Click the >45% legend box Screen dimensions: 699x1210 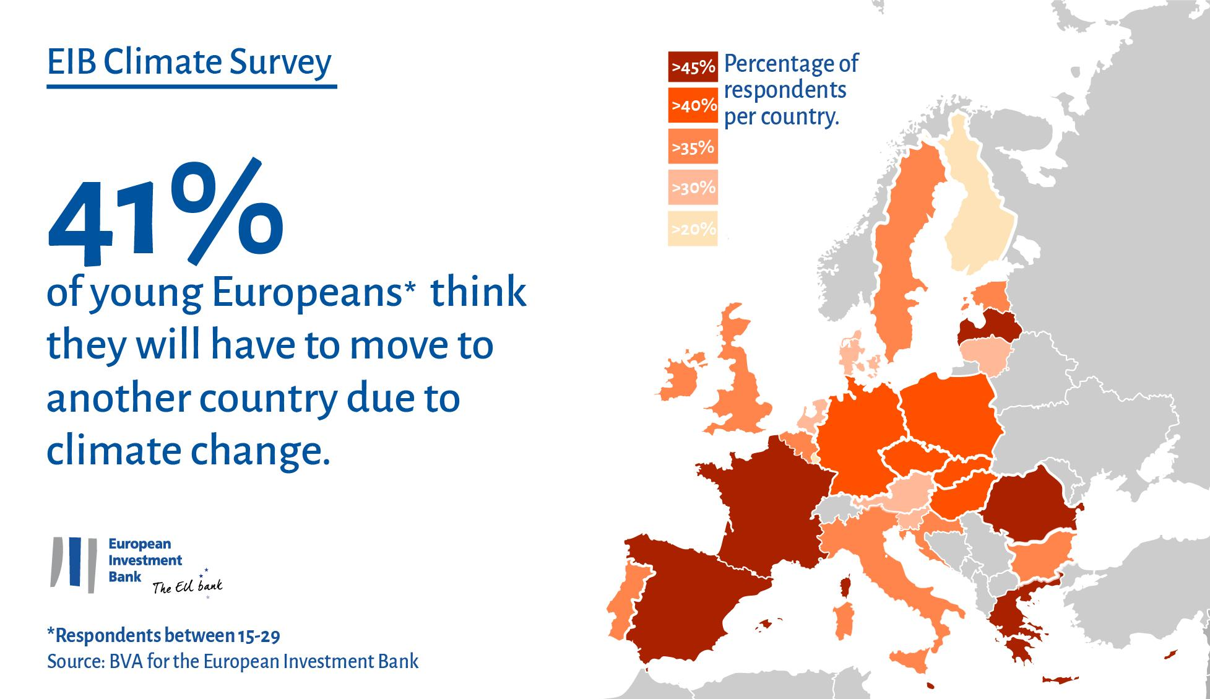click(693, 67)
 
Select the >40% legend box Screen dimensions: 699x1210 click(693, 106)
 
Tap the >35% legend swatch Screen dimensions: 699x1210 click(693, 147)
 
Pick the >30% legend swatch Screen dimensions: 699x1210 click(693, 187)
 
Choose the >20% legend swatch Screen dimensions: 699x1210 click(693, 228)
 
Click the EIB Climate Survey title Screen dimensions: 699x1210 click(189, 63)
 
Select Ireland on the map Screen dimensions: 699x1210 click(681, 378)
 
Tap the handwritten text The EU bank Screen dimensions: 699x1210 click(188, 586)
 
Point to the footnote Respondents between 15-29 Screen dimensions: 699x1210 click(167, 636)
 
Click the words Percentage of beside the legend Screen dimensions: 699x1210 click(791, 63)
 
